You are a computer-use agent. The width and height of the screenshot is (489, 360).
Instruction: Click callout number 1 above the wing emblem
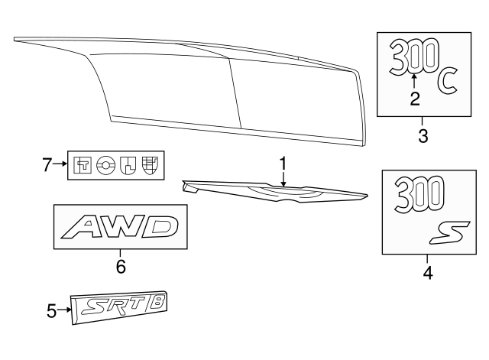283,164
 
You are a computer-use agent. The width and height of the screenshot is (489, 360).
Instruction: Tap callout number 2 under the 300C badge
415,99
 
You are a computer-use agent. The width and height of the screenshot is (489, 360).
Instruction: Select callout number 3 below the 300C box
423,136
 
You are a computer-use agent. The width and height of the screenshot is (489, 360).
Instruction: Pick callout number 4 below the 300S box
428,273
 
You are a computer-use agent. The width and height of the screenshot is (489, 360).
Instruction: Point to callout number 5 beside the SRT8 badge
51,311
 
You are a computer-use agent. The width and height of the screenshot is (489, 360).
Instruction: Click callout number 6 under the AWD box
121,267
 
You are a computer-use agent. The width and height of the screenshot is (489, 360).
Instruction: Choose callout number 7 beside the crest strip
47,165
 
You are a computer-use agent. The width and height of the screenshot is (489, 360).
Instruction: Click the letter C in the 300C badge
448,82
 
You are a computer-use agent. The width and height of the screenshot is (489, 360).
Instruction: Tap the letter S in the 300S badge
449,232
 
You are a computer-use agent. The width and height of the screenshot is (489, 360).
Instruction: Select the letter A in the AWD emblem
82,227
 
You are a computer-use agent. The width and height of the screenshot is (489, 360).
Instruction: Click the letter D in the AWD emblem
160,226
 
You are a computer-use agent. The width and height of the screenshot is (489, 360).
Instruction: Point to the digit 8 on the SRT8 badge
156,303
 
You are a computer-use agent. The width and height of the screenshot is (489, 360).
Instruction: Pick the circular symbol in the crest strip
105,165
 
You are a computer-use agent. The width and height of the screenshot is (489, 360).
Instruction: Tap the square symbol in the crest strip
83,165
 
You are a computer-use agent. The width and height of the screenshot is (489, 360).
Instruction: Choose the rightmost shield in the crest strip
150,165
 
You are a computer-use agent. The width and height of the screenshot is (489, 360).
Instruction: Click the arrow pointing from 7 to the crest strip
60,164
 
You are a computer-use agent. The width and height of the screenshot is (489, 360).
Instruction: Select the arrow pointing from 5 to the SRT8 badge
64,310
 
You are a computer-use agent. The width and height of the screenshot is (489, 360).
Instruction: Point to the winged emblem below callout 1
274,192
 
